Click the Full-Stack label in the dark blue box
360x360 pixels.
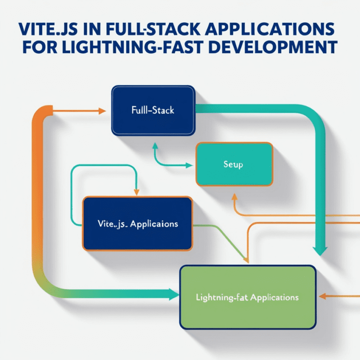pyautogui.click(x=152, y=111)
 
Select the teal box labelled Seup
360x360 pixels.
pyautogui.click(x=234, y=165)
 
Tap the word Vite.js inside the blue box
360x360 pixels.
pyautogui.click(x=110, y=224)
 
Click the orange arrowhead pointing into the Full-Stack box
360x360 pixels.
pyautogui.click(x=103, y=111)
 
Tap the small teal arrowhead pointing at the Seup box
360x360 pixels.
pyautogui.click(x=189, y=165)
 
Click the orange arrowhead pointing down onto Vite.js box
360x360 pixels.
pyautogui.click(x=136, y=192)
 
